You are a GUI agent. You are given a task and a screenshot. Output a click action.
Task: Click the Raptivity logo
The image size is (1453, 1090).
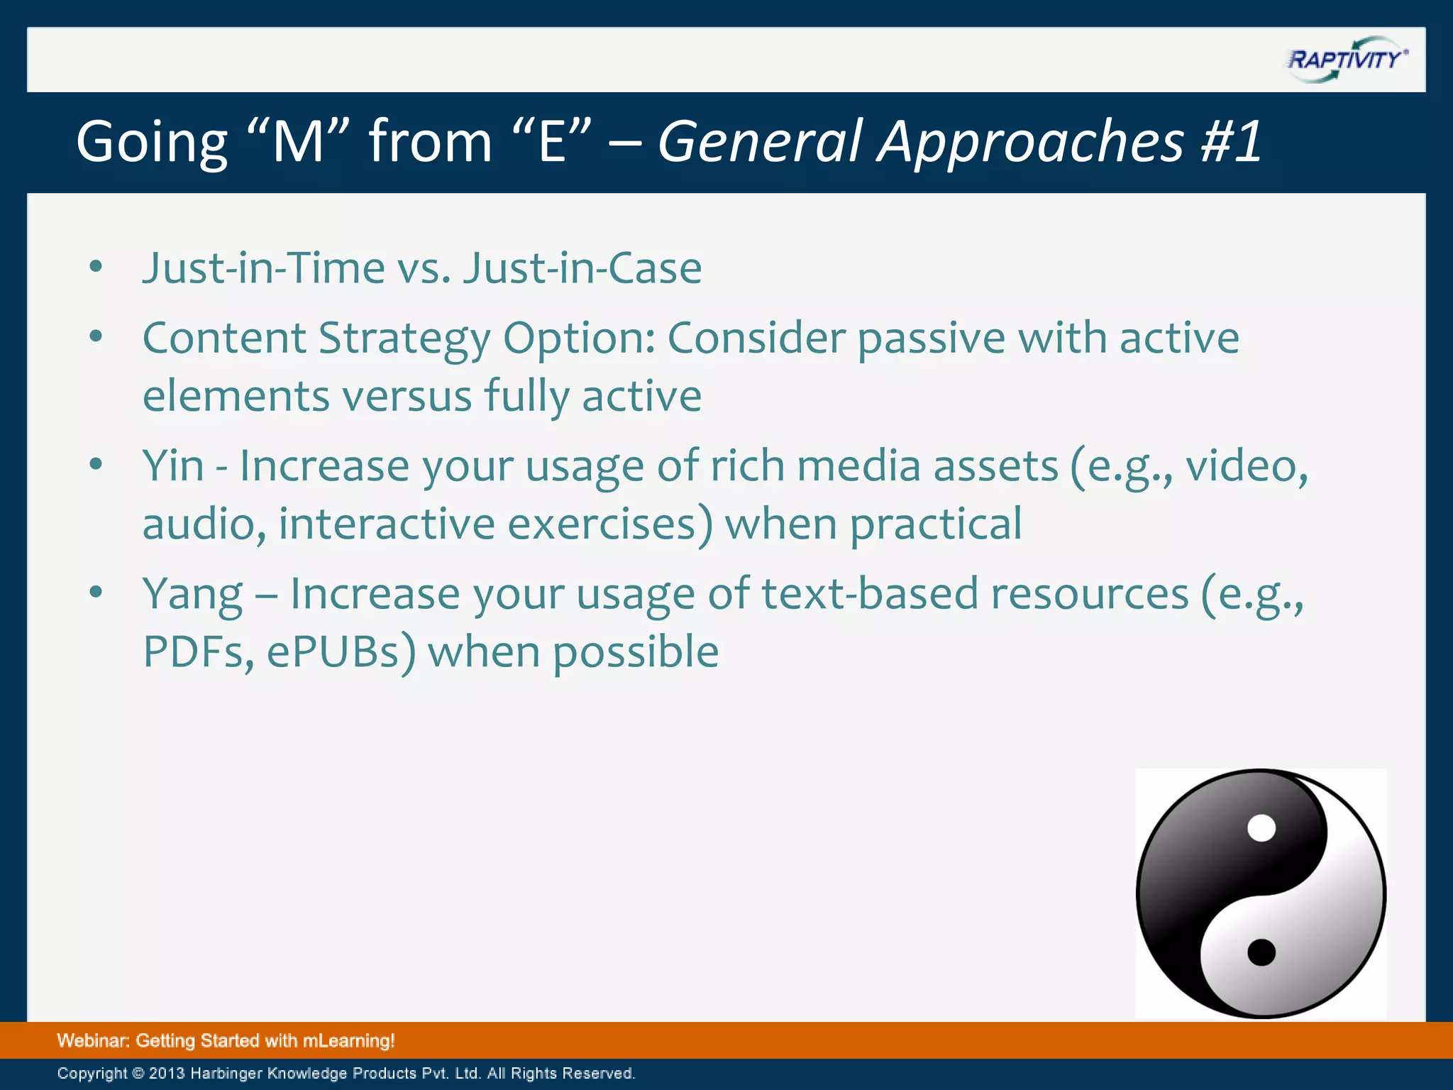point(1346,60)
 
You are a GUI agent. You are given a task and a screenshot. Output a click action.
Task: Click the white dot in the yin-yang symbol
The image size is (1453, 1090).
point(1261,828)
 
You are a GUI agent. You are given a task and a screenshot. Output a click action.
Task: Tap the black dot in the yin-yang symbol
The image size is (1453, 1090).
point(1261,952)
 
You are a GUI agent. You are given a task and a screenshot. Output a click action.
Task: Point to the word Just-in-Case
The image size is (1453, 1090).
point(582,268)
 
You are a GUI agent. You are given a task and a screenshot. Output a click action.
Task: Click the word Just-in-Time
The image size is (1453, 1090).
point(263,268)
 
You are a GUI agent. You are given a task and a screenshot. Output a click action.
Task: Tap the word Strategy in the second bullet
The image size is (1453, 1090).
point(404,339)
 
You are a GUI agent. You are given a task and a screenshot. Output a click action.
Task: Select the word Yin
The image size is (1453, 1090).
point(173,466)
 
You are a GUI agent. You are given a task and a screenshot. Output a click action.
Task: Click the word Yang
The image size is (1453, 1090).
point(192,595)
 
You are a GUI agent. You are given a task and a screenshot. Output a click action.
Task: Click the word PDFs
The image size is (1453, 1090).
point(194,651)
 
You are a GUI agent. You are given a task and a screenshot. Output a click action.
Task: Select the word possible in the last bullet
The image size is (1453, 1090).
point(635,651)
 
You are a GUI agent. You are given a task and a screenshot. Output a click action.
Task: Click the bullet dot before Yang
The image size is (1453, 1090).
point(96,591)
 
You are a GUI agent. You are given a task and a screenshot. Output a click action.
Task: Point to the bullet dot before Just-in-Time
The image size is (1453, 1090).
point(96,267)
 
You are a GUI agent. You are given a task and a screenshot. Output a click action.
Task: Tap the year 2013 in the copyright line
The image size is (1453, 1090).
point(167,1073)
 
